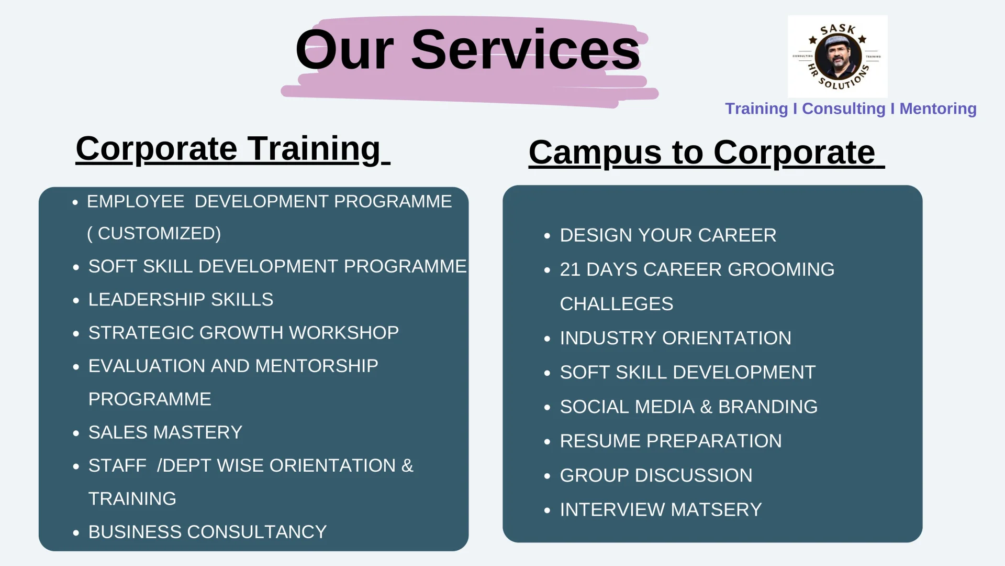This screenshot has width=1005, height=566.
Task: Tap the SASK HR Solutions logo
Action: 837,56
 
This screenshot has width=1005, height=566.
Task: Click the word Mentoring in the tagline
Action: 938,108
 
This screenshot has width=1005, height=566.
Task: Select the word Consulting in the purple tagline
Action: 843,108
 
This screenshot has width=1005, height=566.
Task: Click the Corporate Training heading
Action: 233,149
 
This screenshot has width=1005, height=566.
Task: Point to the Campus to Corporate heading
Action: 707,153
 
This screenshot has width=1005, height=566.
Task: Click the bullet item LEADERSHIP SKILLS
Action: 181,299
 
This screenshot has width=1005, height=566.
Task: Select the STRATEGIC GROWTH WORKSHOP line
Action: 243,333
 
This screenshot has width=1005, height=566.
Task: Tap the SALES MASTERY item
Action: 165,432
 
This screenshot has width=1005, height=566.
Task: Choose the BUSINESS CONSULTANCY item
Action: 207,532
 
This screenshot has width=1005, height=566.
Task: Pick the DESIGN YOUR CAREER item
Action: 668,235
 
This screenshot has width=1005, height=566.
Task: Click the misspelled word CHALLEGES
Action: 617,304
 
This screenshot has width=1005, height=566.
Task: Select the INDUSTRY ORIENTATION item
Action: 675,338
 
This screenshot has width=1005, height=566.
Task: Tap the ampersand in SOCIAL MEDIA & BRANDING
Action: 706,407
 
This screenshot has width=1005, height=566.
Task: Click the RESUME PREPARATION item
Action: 671,441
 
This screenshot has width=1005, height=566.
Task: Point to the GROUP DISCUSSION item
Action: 656,475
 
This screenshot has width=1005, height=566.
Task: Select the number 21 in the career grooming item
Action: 570,269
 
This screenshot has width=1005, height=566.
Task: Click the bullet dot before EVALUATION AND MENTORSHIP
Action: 76,367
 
